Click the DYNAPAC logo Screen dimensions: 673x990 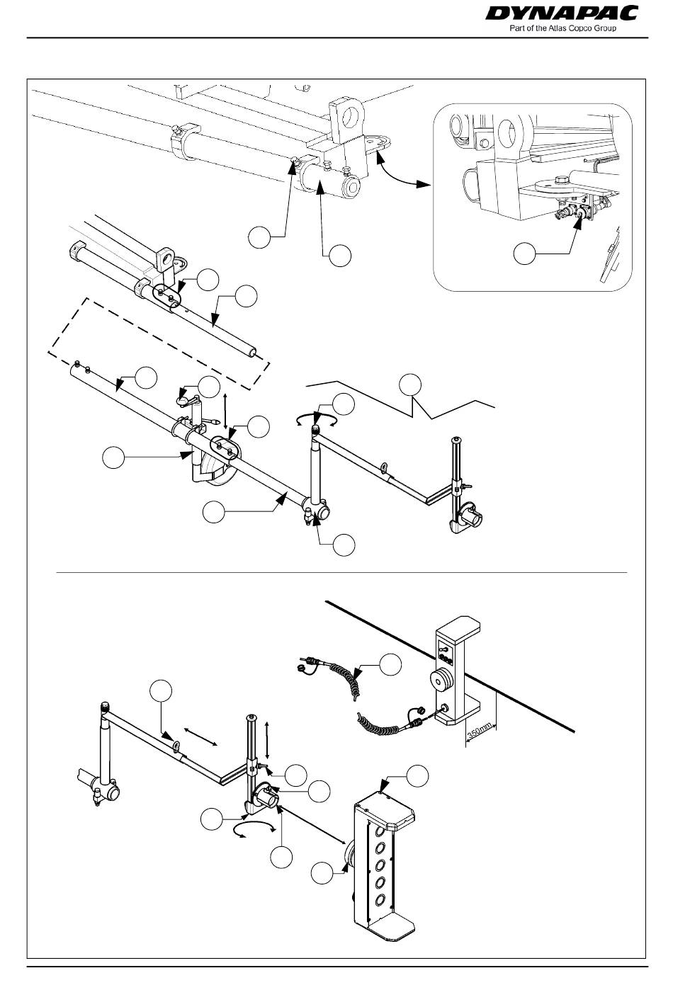click(x=562, y=13)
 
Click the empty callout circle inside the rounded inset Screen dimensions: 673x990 click(x=524, y=254)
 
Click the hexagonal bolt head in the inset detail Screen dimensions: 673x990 click(x=562, y=181)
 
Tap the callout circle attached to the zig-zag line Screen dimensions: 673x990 click(x=410, y=385)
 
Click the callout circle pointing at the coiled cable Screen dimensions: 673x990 click(x=391, y=665)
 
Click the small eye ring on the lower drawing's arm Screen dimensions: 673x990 click(x=176, y=746)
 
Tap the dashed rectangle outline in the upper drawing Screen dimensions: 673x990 click(x=159, y=343)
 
